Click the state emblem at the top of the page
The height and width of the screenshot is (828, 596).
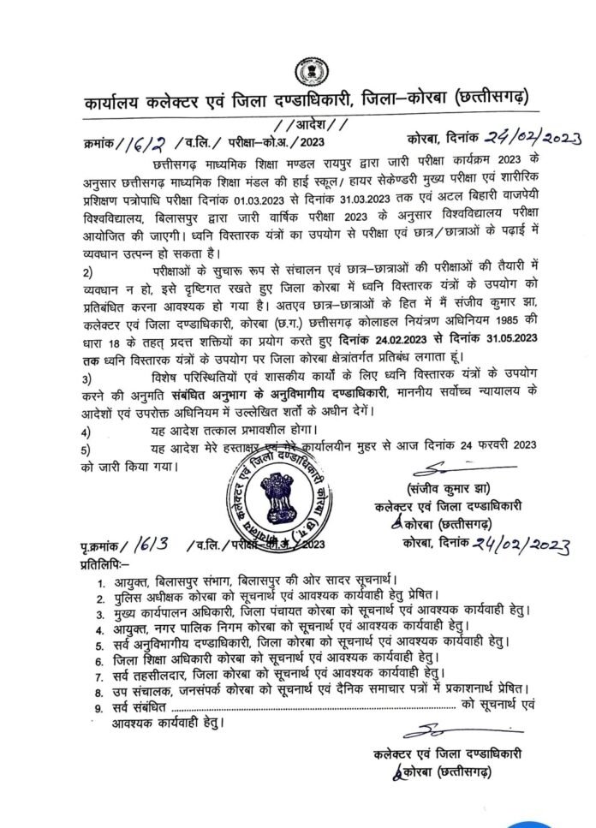coord(307,72)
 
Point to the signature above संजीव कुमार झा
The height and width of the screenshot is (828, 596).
coord(443,469)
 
